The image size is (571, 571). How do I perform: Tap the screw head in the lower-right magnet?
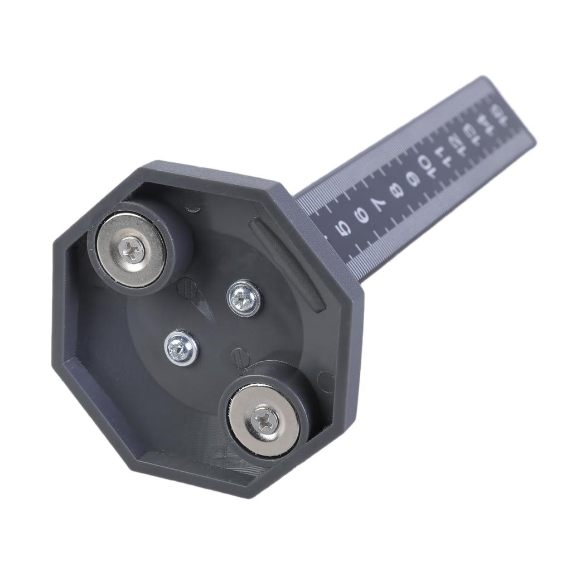(264, 419)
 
